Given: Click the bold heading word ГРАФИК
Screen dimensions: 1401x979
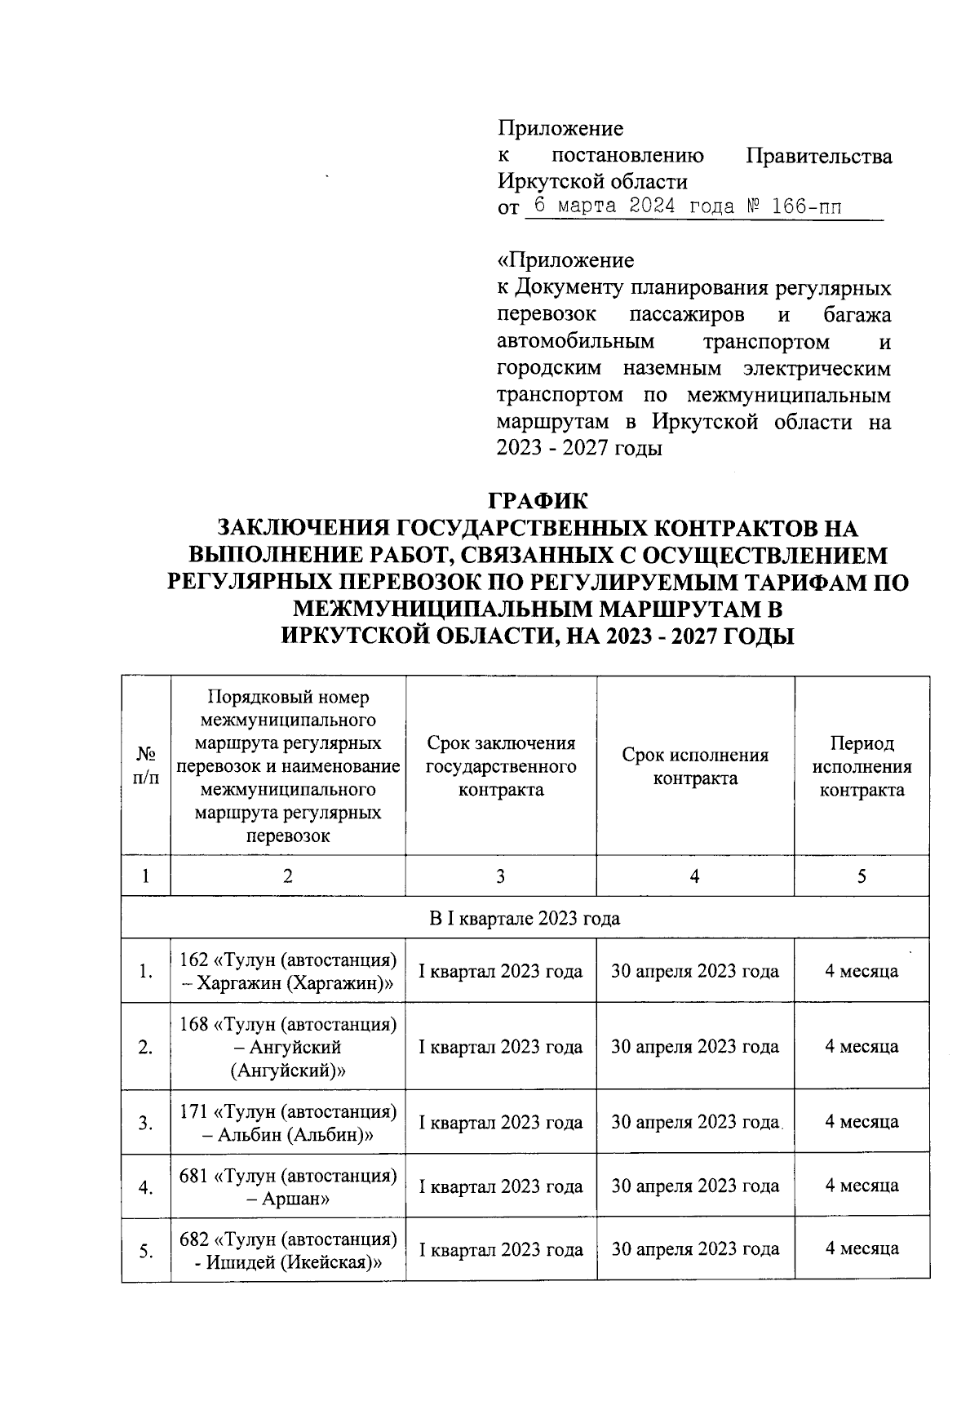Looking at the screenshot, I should (x=538, y=500).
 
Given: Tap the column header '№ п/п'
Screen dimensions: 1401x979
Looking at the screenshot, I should (x=146, y=766).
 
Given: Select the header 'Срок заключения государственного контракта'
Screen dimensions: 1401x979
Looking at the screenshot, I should (x=500, y=766).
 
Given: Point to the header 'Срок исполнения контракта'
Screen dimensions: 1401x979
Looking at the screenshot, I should (x=695, y=766).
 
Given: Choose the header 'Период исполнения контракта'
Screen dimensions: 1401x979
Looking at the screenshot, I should (x=862, y=766).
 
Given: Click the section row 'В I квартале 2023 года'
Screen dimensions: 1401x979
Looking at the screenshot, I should (x=525, y=918).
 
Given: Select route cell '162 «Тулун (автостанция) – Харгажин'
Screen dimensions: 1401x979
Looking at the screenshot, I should (x=288, y=971).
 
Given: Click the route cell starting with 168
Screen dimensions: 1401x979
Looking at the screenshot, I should (x=288, y=1047).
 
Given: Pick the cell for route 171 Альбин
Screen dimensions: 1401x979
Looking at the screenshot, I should (x=288, y=1123).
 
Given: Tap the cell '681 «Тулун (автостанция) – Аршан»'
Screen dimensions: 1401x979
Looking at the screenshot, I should (x=288, y=1187).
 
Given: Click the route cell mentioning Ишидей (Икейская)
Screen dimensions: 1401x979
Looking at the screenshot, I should (x=288, y=1250).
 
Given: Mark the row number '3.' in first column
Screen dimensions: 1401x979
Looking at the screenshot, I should (x=146, y=1124).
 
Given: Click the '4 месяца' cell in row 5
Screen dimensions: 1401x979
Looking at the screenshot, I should (x=862, y=1248).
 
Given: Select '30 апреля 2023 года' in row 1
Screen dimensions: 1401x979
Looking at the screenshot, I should (x=695, y=971).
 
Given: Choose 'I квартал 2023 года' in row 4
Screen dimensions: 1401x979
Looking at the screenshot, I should (x=500, y=1186).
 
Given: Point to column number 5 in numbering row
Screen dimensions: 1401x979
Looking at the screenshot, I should (x=862, y=876).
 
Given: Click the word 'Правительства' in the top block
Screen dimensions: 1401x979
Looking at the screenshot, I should (x=819, y=156).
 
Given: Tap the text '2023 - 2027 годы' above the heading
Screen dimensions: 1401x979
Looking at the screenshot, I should (x=579, y=449).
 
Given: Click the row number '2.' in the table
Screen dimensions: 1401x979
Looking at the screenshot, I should (x=146, y=1049).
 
